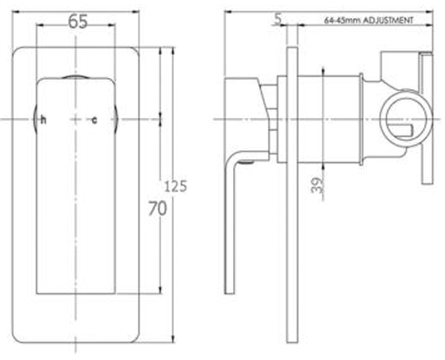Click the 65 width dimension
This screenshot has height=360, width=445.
[78, 24]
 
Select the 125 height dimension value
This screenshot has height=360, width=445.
[175, 186]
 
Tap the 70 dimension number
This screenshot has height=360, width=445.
[158, 210]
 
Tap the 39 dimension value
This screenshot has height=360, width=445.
[316, 186]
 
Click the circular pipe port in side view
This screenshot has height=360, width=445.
[397, 119]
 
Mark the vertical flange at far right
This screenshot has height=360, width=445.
[424, 118]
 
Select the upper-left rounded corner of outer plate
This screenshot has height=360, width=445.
[22, 51]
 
